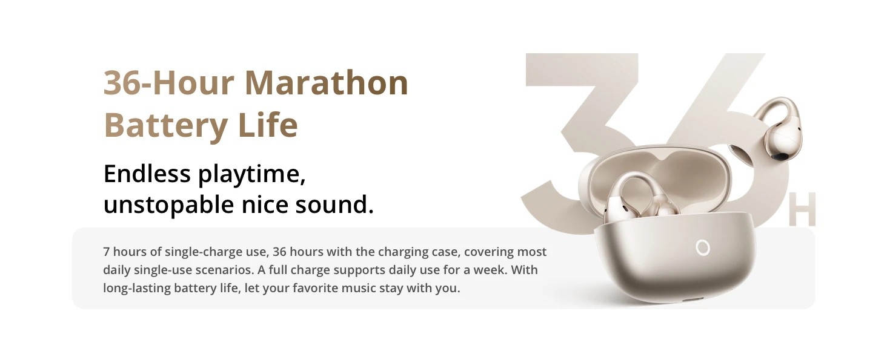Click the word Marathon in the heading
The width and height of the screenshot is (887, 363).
(327, 83)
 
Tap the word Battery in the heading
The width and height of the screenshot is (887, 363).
(165, 126)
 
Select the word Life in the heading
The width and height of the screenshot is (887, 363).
(268, 125)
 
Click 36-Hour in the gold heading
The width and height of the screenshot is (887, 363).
(168, 83)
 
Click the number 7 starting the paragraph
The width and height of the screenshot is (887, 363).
(106, 252)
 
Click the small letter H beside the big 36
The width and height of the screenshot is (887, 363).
(802, 209)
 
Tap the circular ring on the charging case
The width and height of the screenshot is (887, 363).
(703, 248)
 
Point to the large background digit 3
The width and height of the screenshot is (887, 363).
(582, 142)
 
